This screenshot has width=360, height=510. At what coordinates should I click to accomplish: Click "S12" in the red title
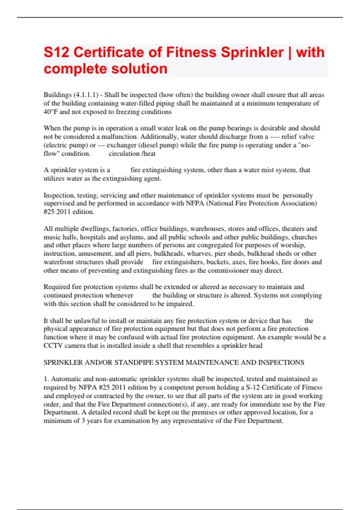pyautogui.click(x=56, y=52)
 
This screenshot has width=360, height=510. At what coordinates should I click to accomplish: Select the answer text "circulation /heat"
pyautogui.click(x=132, y=154)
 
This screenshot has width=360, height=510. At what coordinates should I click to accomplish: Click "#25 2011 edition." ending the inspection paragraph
pyautogui.click(x=69, y=212)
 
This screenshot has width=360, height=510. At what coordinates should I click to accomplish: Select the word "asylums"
pyautogui.click(x=132, y=237)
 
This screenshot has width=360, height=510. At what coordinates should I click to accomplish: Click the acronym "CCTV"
pyautogui.click(x=53, y=346)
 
